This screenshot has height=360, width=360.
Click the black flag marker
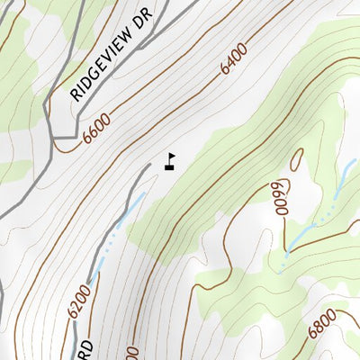coord(169,162)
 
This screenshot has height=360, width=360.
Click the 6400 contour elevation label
coord(233,61)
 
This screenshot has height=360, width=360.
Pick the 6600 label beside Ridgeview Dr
coord(97,128)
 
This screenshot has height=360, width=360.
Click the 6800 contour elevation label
coord(322,323)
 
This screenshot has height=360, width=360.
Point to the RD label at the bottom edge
coord(85,347)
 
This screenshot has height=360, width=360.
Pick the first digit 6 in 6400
coord(222,71)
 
